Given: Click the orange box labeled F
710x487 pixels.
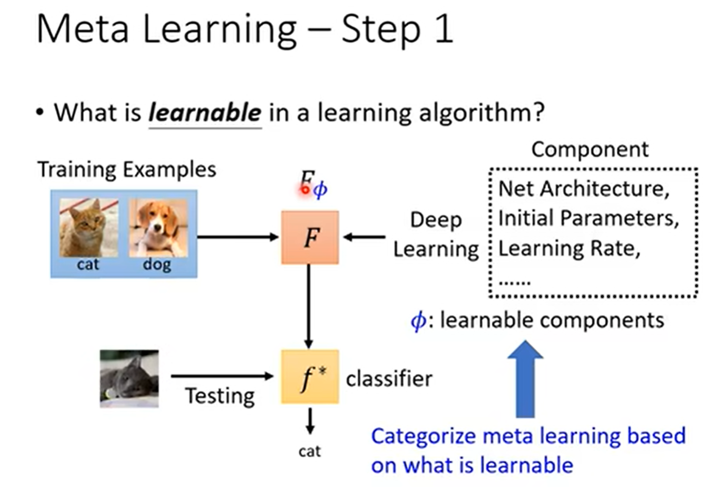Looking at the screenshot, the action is pyautogui.click(x=310, y=237).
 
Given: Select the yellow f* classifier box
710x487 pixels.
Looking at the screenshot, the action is pyautogui.click(x=310, y=377).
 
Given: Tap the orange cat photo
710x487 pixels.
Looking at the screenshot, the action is pyautogui.click(x=89, y=228).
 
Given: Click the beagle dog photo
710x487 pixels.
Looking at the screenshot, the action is pyautogui.click(x=158, y=228).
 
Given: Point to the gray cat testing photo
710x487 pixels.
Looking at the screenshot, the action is pyautogui.click(x=129, y=378).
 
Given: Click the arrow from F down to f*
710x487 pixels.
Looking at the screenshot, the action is pyautogui.click(x=309, y=307).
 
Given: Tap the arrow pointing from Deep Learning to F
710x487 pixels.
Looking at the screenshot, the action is pyautogui.click(x=364, y=237).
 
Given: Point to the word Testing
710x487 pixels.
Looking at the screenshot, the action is pyautogui.click(x=220, y=396).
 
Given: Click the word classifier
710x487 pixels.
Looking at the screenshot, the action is pyautogui.click(x=389, y=379).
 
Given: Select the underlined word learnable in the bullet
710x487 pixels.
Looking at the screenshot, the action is pyautogui.click(x=205, y=112).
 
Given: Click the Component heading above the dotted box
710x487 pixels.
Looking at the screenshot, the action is pyautogui.click(x=590, y=149).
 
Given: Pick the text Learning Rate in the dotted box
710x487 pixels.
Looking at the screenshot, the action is pyautogui.click(x=569, y=248).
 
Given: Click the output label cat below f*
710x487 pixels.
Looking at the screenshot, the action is pyautogui.click(x=309, y=451).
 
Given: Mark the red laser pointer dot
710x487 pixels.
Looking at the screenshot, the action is pyautogui.click(x=305, y=189).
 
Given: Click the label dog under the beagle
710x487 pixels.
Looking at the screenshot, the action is pyautogui.click(x=157, y=264).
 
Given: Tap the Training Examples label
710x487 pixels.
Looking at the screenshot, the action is pyautogui.click(x=127, y=169).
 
